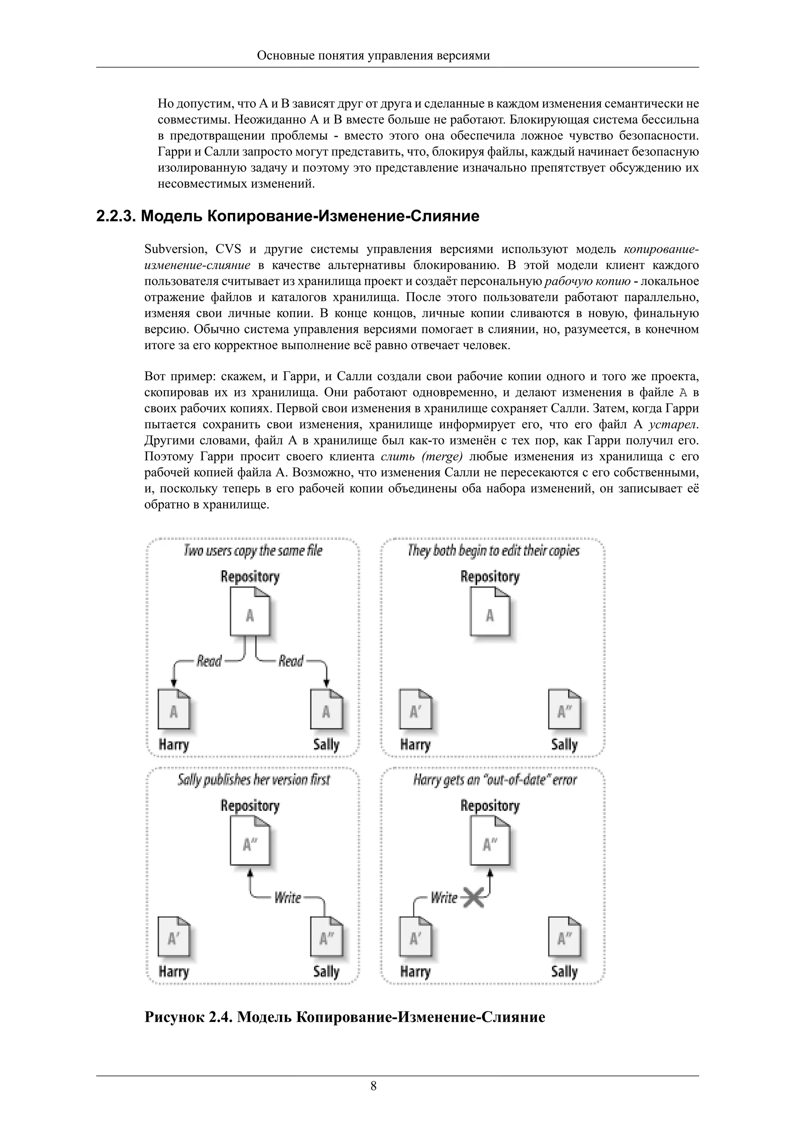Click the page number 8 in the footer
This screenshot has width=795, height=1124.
click(x=373, y=1086)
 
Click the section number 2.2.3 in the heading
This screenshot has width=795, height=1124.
click(x=116, y=216)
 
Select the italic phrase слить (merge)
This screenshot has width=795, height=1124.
click(x=421, y=457)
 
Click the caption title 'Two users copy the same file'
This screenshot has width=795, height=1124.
click(x=253, y=551)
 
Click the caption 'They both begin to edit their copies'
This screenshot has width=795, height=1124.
click(x=493, y=551)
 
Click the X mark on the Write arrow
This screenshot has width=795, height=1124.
click(x=473, y=898)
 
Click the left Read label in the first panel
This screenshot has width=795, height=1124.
click(x=209, y=661)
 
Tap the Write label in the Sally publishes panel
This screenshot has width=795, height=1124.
click(x=288, y=898)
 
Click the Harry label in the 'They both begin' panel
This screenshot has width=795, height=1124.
click(x=415, y=745)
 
